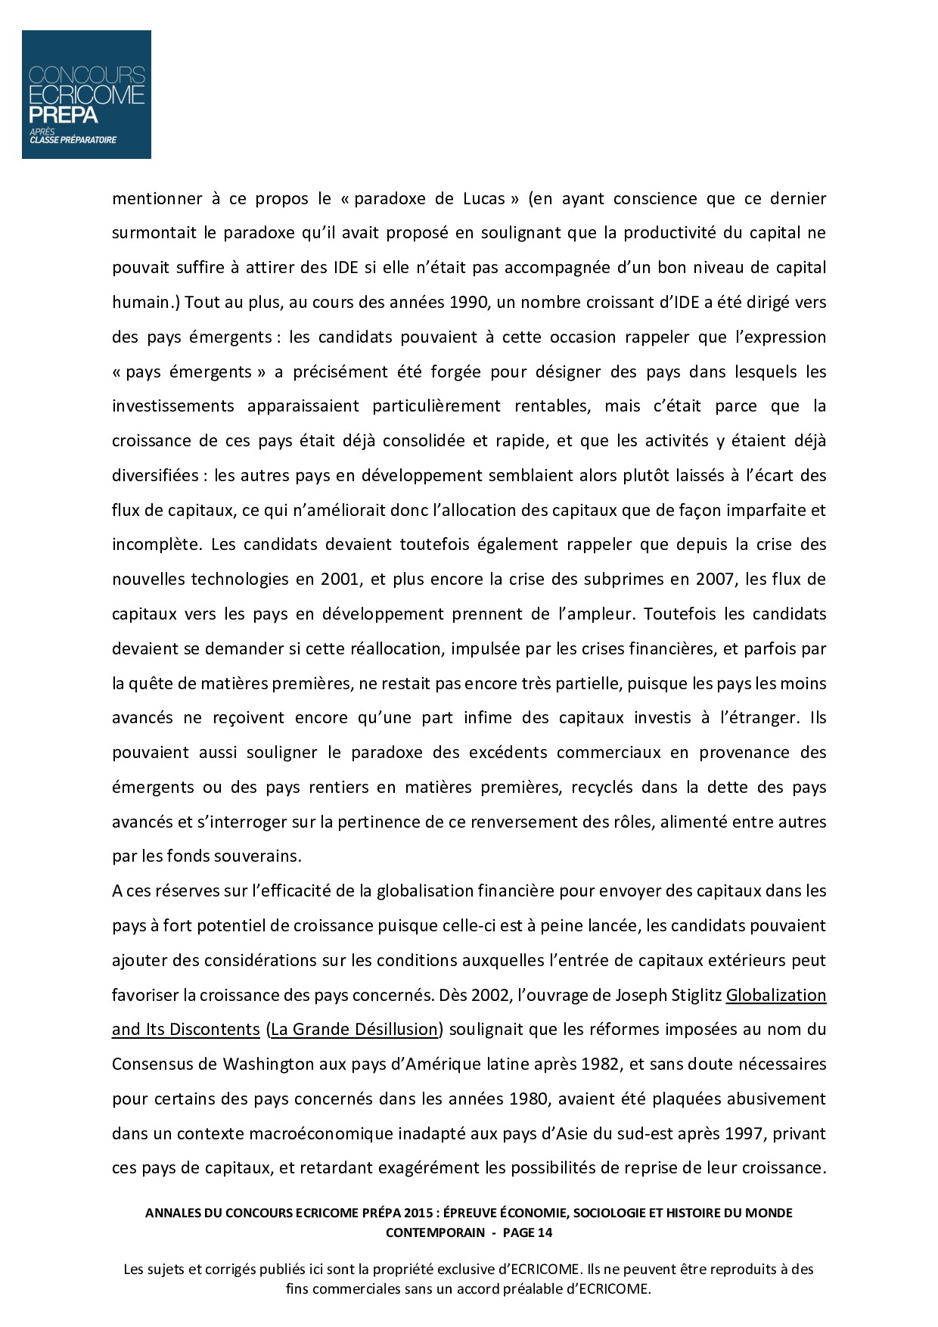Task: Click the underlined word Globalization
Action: pyautogui.click(x=776, y=995)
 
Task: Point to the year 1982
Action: pyautogui.click(x=598, y=1064)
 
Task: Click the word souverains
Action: pyautogui.click(x=258, y=856)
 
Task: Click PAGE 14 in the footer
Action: pyautogui.click(x=527, y=1232)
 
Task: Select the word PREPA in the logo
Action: pyautogui.click(x=64, y=115)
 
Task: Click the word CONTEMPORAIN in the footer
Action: pyautogui.click(x=435, y=1232)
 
